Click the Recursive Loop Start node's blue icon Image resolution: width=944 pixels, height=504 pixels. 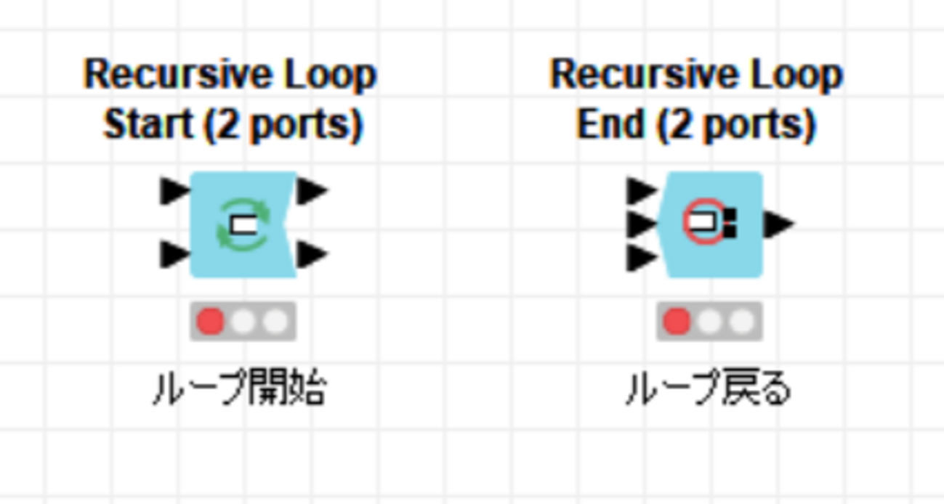tap(243, 224)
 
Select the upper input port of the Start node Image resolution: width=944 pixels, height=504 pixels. tap(175, 191)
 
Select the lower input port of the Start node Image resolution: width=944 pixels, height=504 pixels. tap(175, 254)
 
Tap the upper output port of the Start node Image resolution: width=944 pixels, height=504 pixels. tap(312, 191)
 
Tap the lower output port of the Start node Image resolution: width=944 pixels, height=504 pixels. tap(312, 254)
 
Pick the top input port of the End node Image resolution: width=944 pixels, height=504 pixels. tap(642, 191)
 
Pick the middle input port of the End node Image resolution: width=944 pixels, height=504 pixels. tap(642, 224)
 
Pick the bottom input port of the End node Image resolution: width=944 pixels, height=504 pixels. tap(642, 257)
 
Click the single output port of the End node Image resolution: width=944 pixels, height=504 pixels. tap(779, 224)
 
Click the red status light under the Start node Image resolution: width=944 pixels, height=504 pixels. tap(210, 322)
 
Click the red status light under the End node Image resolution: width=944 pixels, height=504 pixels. tap(677, 322)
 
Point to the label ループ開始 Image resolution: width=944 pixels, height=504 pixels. tap(240, 387)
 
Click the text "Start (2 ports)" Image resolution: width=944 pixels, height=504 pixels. tap(233, 125)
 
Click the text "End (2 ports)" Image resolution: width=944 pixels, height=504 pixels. tap(696, 125)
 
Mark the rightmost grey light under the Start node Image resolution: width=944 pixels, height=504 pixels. tap(276, 322)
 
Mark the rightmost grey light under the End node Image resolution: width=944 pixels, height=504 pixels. tap(743, 322)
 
